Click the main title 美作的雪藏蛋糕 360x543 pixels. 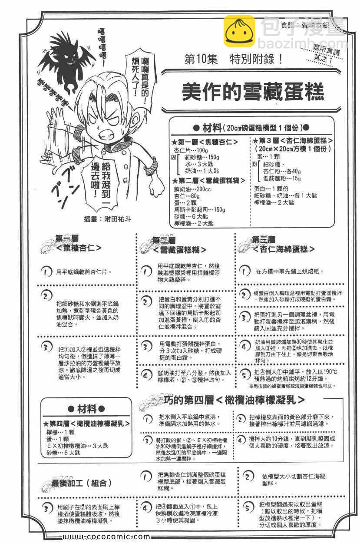[253, 91]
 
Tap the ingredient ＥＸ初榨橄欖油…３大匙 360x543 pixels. [78, 446]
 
